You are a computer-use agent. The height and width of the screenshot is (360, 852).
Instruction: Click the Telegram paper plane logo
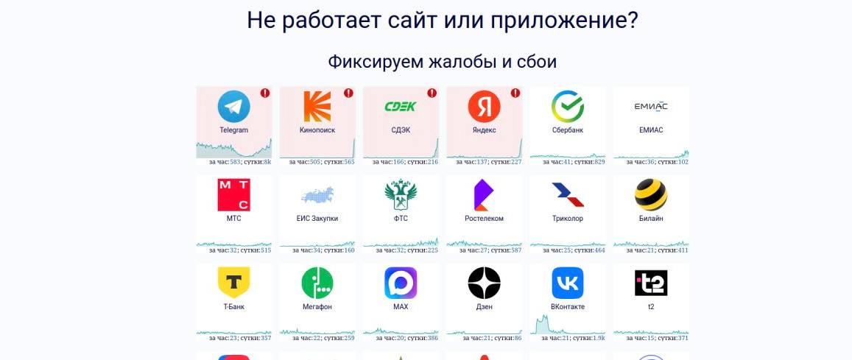click(x=233, y=107)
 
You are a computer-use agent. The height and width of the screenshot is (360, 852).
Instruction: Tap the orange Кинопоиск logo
click(x=317, y=107)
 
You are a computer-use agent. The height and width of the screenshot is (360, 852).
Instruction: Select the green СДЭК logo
click(x=401, y=107)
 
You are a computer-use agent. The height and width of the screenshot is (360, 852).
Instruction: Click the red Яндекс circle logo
click(x=484, y=107)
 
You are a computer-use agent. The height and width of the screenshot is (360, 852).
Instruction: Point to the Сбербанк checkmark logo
click(x=568, y=107)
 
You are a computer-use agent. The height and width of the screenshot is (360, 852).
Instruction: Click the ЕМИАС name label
click(x=651, y=130)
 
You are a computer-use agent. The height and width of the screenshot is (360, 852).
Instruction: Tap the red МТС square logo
click(x=233, y=195)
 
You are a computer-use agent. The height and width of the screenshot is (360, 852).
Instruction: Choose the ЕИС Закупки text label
click(x=317, y=219)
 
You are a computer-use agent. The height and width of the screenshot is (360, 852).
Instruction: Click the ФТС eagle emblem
click(x=401, y=194)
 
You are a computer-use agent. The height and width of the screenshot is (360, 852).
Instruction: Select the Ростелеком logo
click(x=484, y=195)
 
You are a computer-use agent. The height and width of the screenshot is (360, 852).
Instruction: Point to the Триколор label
click(x=568, y=219)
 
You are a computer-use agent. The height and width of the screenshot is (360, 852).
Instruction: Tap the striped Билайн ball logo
click(x=651, y=195)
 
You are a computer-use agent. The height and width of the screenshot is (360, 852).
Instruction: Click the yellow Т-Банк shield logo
click(x=233, y=283)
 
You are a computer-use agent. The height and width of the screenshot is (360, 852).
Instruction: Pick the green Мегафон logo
click(x=317, y=283)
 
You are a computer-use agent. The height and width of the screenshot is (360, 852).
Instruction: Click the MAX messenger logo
click(x=401, y=283)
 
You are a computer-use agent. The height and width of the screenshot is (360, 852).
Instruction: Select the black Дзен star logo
click(x=484, y=283)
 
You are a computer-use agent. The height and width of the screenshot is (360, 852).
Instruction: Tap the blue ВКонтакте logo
click(x=568, y=283)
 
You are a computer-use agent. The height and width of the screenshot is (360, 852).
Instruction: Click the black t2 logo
click(x=651, y=283)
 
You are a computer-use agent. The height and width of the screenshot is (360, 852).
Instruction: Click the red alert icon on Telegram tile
click(x=265, y=93)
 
